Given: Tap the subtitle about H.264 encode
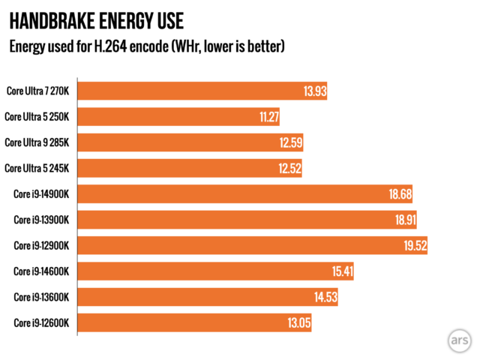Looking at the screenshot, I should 146,46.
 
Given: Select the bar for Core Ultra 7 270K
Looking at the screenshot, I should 202,91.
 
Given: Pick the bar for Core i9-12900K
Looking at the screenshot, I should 253,245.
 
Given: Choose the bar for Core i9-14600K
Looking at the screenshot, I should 216,271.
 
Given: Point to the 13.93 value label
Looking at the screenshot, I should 314,91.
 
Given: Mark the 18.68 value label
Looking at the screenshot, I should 399,194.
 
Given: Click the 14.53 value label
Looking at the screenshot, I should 325,297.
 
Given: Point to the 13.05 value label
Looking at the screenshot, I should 298,322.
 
